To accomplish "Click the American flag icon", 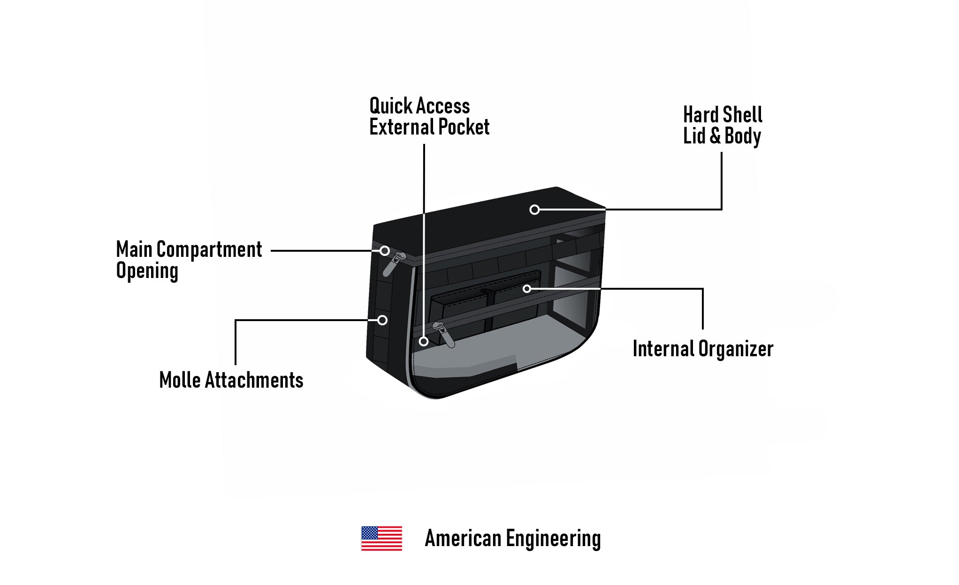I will pyautogui.click(x=381, y=538).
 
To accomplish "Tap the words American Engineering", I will pyautogui.click(x=512, y=539).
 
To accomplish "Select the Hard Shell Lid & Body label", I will pyautogui.click(x=723, y=125).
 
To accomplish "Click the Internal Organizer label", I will pyautogui.click(x=703, y=349).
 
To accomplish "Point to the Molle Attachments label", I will pyautogui.click(x=231, y=380).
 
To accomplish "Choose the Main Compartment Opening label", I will pyautogui.click(x=189, y=260).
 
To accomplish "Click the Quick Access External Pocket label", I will pyautogui.click(x=429, y=116).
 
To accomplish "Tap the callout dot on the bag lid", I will pyautogui.click(x=534, y=210).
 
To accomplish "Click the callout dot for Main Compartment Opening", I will pyautogui.click(x=385, y=251).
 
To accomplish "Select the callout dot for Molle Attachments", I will pyautogui.click(x=382, y=320).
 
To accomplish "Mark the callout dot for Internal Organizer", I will pyautogui.click(x=527, y=289).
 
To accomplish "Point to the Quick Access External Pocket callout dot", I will pyautogui.click(x=424, y=341).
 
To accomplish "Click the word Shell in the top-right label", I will pyautogui.click(x=742, y=115).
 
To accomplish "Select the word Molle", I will pyautogui.click(x=180, y=380).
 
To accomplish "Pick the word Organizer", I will pyautogui.click(x=736, y=349).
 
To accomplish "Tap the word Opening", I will pyautogui.click(x=147, y=271).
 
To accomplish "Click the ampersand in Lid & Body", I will pyautogui.click(x=715, y=136).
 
